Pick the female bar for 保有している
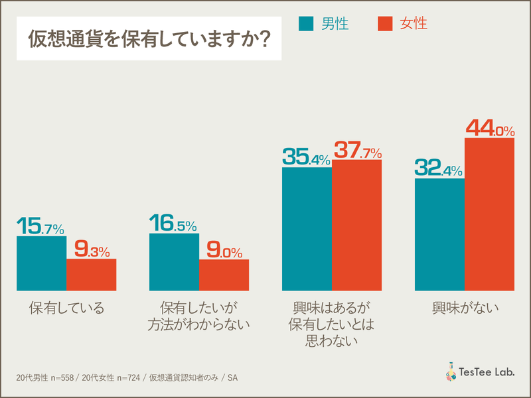click(x=91, y=275)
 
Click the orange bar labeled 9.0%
click(x=224, y=275)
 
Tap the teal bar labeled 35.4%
click(x=307, y=229)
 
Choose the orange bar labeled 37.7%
click(x=356, y=225)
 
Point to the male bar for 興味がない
click(x=439, y=234)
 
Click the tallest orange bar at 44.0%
click(x=489, y=214)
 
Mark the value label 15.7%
click(x=40, y=226)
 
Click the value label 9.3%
click(x=91, y=249)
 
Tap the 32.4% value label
click(x=439, y=168)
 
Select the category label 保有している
click(x=66, y=308)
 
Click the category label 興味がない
click(x=465, y=308)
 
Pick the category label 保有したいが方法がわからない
click(x=198, y=316)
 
